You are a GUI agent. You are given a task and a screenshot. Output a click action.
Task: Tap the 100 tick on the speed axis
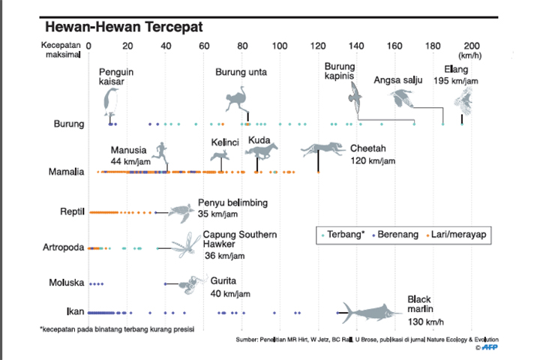click(280, 46)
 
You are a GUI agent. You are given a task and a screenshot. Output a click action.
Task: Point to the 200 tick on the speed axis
click(472, 46)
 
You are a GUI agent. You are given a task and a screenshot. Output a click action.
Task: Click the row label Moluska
click(66, 283)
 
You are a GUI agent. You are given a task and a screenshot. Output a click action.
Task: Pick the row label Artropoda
click(64, 247)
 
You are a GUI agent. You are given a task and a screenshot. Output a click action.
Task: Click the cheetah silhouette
click(323, 149)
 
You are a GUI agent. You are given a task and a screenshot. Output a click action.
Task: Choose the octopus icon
click(192, 283)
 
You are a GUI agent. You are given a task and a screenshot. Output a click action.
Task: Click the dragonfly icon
click(184, 244)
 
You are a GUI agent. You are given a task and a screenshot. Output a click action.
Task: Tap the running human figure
click(160, 153)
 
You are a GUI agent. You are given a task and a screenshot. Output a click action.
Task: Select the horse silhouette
click(261, 153)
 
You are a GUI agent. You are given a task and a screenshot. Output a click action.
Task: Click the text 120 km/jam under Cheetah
click(373, 161)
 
